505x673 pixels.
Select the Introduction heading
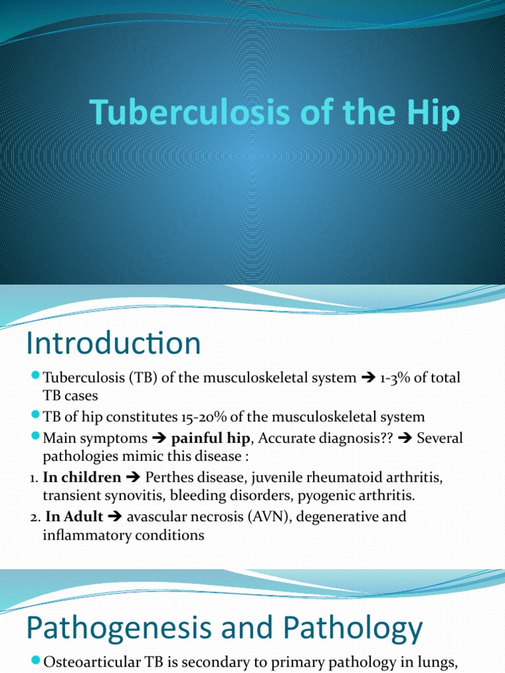[113, 344]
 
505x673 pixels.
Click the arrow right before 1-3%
[368, 378]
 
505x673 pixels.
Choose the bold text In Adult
[74, 517]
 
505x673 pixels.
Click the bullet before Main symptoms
[36, 436]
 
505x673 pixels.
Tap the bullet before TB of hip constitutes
[36, 415]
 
